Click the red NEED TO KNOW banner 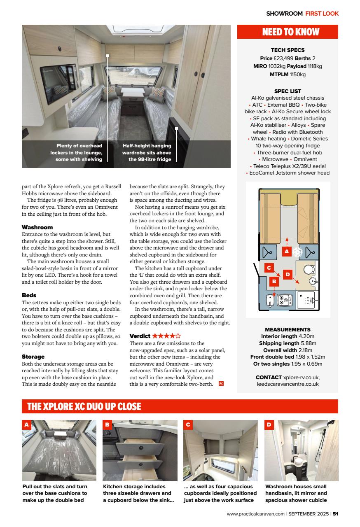click(x=288, y=32)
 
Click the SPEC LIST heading click(x=288, y=91)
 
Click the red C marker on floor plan click(x=269, y=268)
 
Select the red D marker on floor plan click(x=288, y=274)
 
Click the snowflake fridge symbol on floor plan click(x=297, y=252)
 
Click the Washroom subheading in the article click(x=37, y=227)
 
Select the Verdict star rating click(x=166, y=336)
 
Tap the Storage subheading click(x=33, y=357)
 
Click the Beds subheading click(x=29, y=295)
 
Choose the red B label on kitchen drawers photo click(x=107, y=424)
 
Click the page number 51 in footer click(x=336, y=514)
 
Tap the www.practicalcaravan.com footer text click(x=255, y=514)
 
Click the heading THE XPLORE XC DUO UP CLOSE click(x=84, y=406)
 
